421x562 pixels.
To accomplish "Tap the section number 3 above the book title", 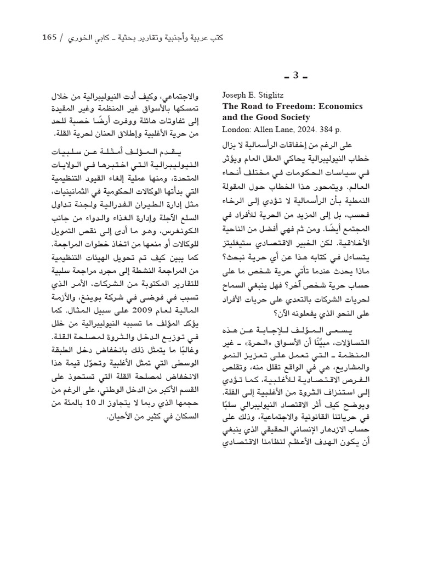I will tap(295, 75).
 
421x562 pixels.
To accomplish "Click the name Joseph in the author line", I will tap(235, 94).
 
